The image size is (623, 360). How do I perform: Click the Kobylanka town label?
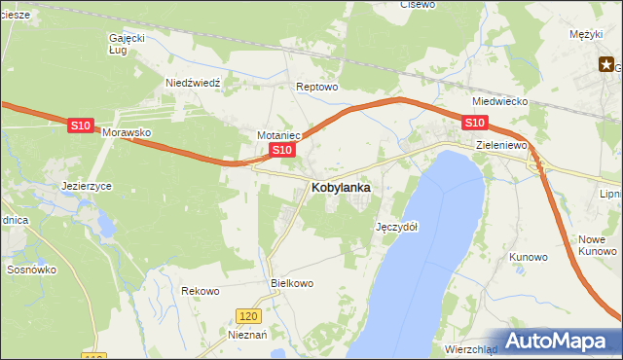pos(340,187)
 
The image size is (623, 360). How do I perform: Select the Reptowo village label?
pos(316,87)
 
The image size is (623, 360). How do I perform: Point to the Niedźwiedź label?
pos(194,83)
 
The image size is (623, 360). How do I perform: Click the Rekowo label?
pos(201,291)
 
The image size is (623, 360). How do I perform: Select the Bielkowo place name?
pos(290,283)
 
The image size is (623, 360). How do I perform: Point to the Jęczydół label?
pos(396,226)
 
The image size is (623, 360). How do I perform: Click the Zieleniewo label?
pos(501,145)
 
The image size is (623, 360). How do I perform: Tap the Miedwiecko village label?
pos(499,101)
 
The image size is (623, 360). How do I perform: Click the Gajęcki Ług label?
pos(127,43)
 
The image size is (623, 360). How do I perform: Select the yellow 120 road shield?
pos(248,316)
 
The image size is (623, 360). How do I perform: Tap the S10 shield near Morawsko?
pos(82,126)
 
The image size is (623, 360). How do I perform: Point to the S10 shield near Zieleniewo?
pos(474,123)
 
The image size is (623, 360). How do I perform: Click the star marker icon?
pos(605,65)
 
